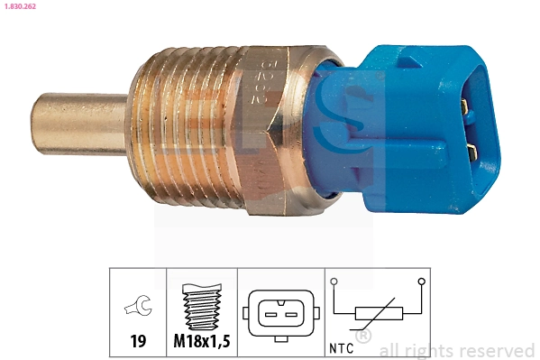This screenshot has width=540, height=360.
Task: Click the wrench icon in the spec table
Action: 138,308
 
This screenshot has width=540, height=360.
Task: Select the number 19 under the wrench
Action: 138,342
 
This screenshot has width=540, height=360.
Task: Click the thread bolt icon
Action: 202,308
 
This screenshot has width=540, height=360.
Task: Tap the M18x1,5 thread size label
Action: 202,342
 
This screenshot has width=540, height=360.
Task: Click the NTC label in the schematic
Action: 342,346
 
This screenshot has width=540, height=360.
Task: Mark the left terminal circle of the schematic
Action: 334,282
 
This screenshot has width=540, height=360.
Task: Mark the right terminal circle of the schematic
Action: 421,282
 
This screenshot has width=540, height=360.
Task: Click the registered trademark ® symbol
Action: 362,337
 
